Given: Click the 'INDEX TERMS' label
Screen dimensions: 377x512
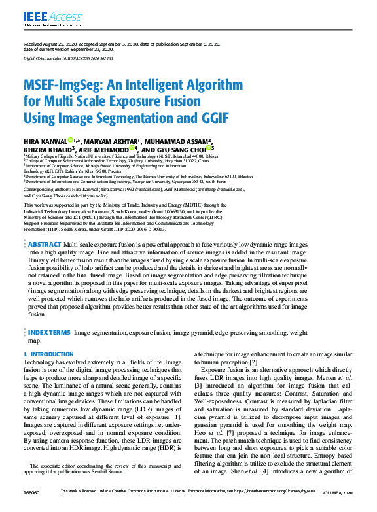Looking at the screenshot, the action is [49, 333].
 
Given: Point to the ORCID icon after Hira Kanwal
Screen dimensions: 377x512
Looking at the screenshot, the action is [70, 139].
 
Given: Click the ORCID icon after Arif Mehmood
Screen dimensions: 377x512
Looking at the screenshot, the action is [132, 148].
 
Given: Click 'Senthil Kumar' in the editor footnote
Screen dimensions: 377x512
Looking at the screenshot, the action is [151, 469].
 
